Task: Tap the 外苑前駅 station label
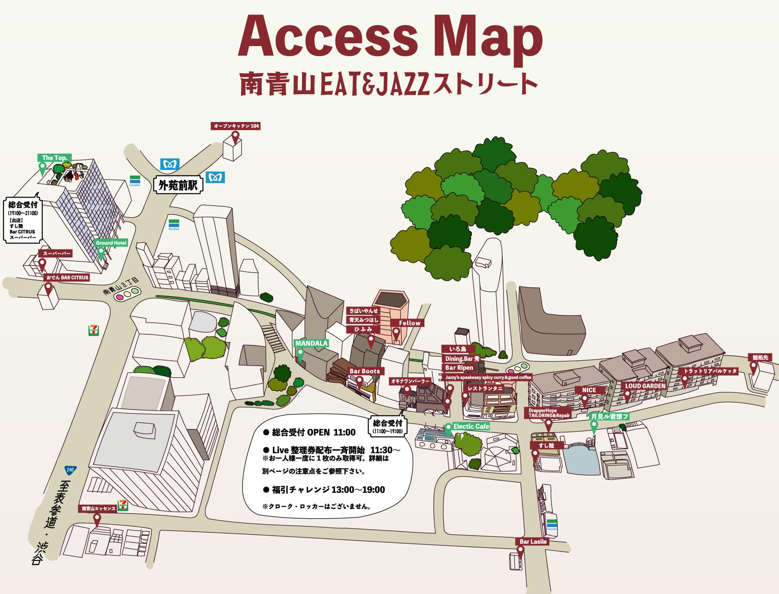pyautogui.click(x=178, y=185)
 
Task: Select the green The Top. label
pyautogui.click(x=55, y=158)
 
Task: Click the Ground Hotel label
pyautogui.click(x=111, y=243)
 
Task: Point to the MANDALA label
pyautogui.click(x=311, y=343)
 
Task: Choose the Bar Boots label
pyautogui.click(x=365, y=371)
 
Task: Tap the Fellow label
pyautogui.click(x=410, y=323)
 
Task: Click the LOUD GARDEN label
pyautogui.click(x=645, y=385)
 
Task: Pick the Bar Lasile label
pyautogui.click(x=533, y=541)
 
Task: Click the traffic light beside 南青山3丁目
pyautogui.click(x=127, y=293)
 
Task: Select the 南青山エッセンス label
pyautogui.click(x=99, y=508)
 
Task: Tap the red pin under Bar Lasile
pyautogui.click(x=520, y=550)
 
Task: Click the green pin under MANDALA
pyautogui.click(x=300, y=354)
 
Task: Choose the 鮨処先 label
pyautogui.click(x=760, y=357)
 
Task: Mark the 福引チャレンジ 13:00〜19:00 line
pyautogui.click(x=324, y=489)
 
